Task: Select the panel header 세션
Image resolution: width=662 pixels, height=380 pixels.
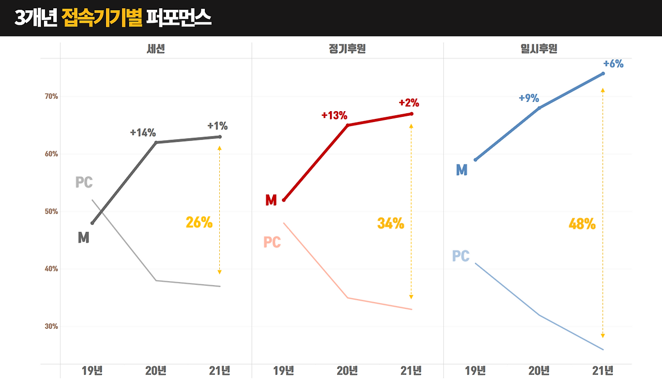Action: pyautogui.click(x=156, y=50)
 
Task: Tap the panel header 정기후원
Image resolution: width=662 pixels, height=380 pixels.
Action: pyautogui.click(x=347, y=50)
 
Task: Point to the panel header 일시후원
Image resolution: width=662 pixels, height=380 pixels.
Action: pyautogui.click(x=539, y=50)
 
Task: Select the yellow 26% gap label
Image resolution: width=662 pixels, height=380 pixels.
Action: pyautogui.click(x=199, y=222)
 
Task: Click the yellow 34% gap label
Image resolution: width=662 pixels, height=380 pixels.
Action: pyautogui.click(x=390, y=223)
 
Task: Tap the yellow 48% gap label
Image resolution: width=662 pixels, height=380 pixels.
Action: pyautogui.click(x=582, y=224)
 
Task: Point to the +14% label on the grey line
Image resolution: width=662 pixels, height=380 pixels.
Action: pyautogui.click(x=143, y=132)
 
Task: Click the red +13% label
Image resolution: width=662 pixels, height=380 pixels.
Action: pyautogui.click(x=334, y=115)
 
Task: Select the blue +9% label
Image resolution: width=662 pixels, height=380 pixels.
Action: pyautogui.click(x=529, y=98)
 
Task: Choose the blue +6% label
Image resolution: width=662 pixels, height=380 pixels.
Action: pyautogui.click(x=613, y=64)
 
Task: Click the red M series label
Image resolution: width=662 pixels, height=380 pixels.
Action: pyautogui.click(x=271, y=201)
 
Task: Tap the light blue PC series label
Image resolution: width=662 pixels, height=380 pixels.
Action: pyautogui.click(x=461, y=256)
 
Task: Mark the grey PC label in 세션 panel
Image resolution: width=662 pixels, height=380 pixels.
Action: pyautogui.click(x=84, y=183)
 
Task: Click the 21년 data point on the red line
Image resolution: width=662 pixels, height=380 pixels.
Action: pyautogui.click(x=412, y=114)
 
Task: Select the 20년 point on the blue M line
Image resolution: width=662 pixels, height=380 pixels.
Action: pyautogui.click(x=539, y=108)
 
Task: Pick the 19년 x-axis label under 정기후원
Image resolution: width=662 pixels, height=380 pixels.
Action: pyautogui.click(x=283, y=370)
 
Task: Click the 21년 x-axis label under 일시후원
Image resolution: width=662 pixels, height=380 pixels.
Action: pyautogui.click(x=603, y=370)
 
